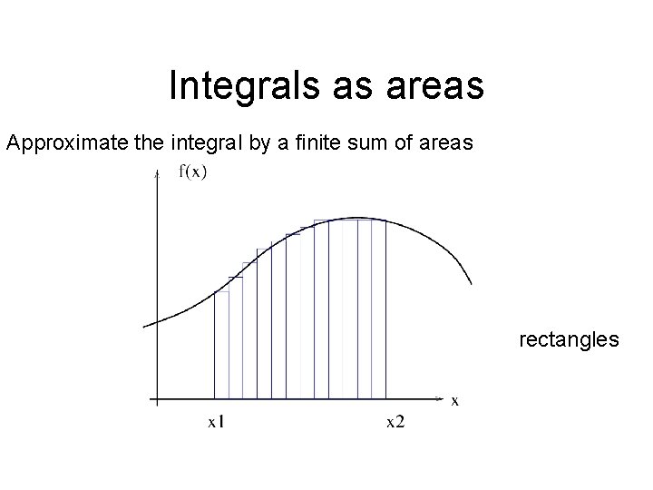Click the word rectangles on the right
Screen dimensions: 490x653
click(x=570, y=340)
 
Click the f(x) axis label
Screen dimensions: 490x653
click(x=190, y=172)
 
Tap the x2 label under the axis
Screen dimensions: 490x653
click(x=395, y=420)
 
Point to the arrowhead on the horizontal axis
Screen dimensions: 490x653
click(x=440, y=398)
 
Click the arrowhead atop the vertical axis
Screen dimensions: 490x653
click(x=158, y=185)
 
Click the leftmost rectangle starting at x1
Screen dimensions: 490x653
click(x=221, y=345)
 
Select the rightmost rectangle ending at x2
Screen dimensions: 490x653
click(x=379, y=309)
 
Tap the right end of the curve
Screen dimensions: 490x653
click(x=471, y=282)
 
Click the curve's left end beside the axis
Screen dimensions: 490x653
click(x=146, y=324)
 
